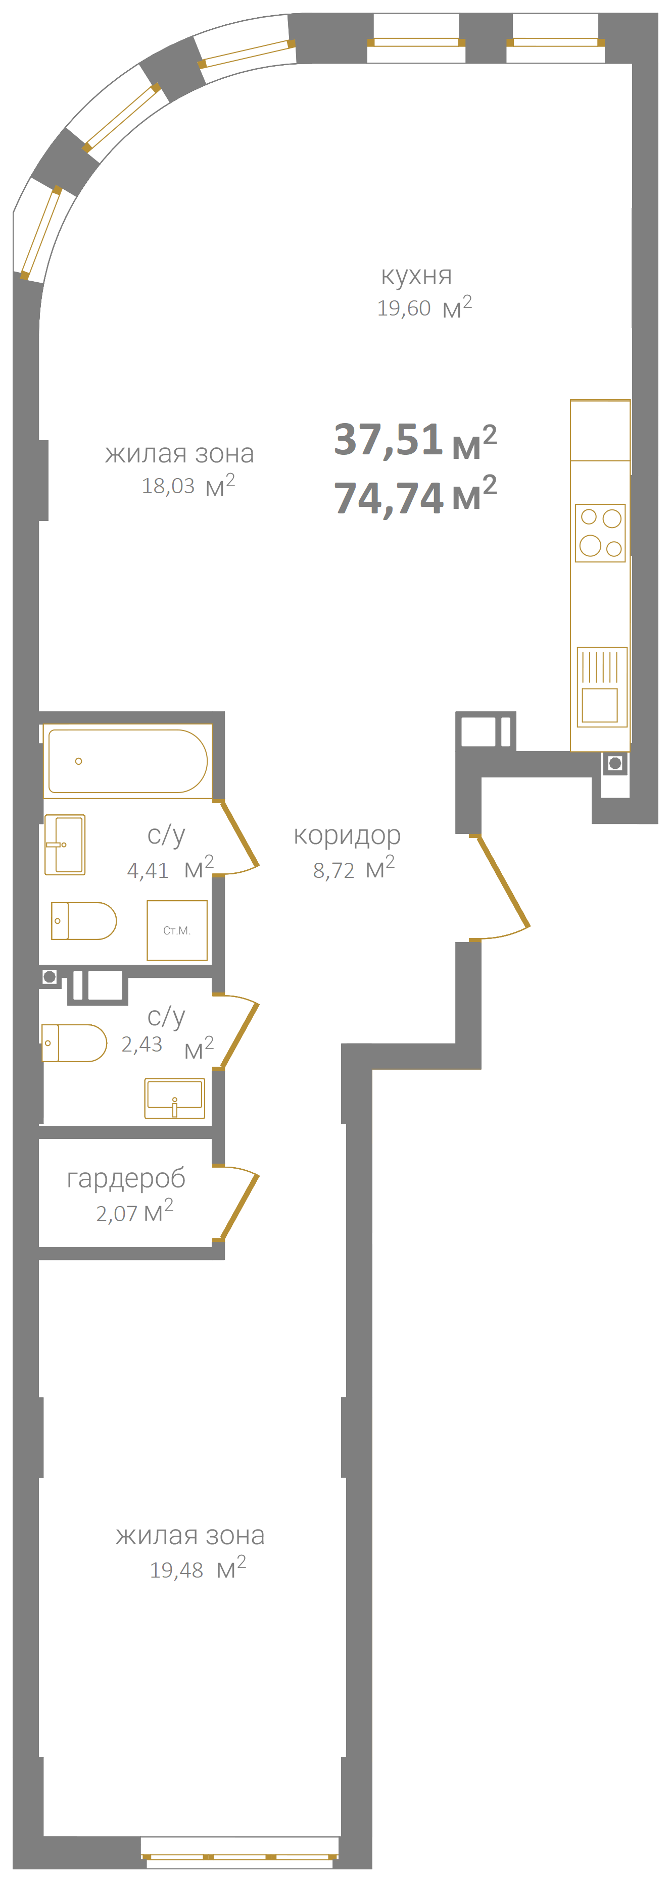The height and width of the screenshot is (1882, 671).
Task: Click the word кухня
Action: pos(416,276)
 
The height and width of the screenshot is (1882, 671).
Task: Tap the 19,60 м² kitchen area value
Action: pos(424,307)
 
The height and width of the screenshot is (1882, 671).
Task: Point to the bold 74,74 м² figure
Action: pos(415,496)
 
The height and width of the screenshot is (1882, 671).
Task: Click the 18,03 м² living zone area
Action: pos(188,485)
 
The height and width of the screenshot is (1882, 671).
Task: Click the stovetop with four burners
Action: pos(600,533)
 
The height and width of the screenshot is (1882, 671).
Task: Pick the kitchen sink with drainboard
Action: pos(602,687)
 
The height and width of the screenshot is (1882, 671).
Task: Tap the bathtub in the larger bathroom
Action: pos(128,761)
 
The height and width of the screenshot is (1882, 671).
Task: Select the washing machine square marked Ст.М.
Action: pos(177,930)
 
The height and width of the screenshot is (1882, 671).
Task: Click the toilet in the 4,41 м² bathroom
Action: pos(83,920)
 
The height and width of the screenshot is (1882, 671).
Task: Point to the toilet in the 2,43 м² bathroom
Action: pos(74,1042)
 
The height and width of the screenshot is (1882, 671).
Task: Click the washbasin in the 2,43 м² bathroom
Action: pos(175,1098)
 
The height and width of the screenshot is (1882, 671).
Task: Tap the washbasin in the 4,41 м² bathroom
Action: pos(65,845)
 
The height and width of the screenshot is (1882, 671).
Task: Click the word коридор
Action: pos(347,835)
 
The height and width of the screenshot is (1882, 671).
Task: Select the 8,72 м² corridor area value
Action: pos(354,869)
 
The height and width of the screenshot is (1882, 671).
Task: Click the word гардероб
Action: pos(126,1178)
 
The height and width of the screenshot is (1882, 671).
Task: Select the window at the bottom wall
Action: pos(239,1856)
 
